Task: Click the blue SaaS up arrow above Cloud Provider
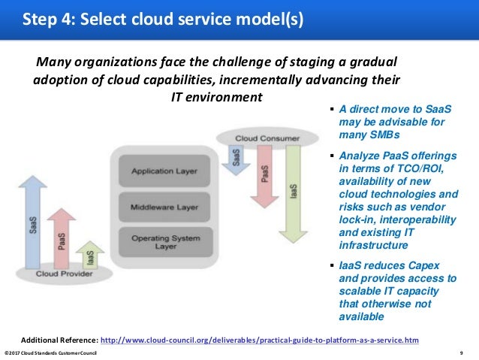tap(32, 225)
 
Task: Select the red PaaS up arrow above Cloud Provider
tap(64, 237)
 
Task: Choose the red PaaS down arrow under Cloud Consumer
tap(264, 178)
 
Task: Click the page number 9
tap(460, 353)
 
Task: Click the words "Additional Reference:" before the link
tap(59, 340)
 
